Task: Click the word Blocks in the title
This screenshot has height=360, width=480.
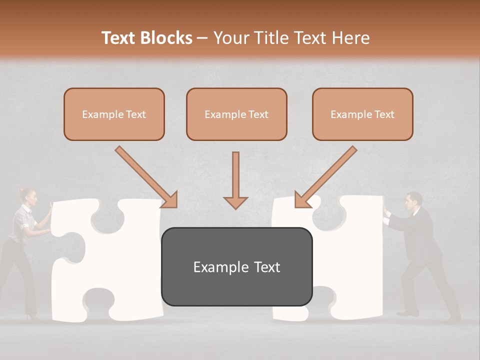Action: pos(166,38)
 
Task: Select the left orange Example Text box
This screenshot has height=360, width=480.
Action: pos(114,114)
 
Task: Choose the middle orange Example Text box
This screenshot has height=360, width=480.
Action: pos(236,114)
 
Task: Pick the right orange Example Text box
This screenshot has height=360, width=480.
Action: pos(362,114)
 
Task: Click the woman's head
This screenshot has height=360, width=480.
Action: pos(29,197)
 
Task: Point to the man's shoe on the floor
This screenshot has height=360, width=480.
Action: pos(407,313)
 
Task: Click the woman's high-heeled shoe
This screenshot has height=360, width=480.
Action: pos(33,316)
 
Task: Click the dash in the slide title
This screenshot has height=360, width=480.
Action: pos(202,38)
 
